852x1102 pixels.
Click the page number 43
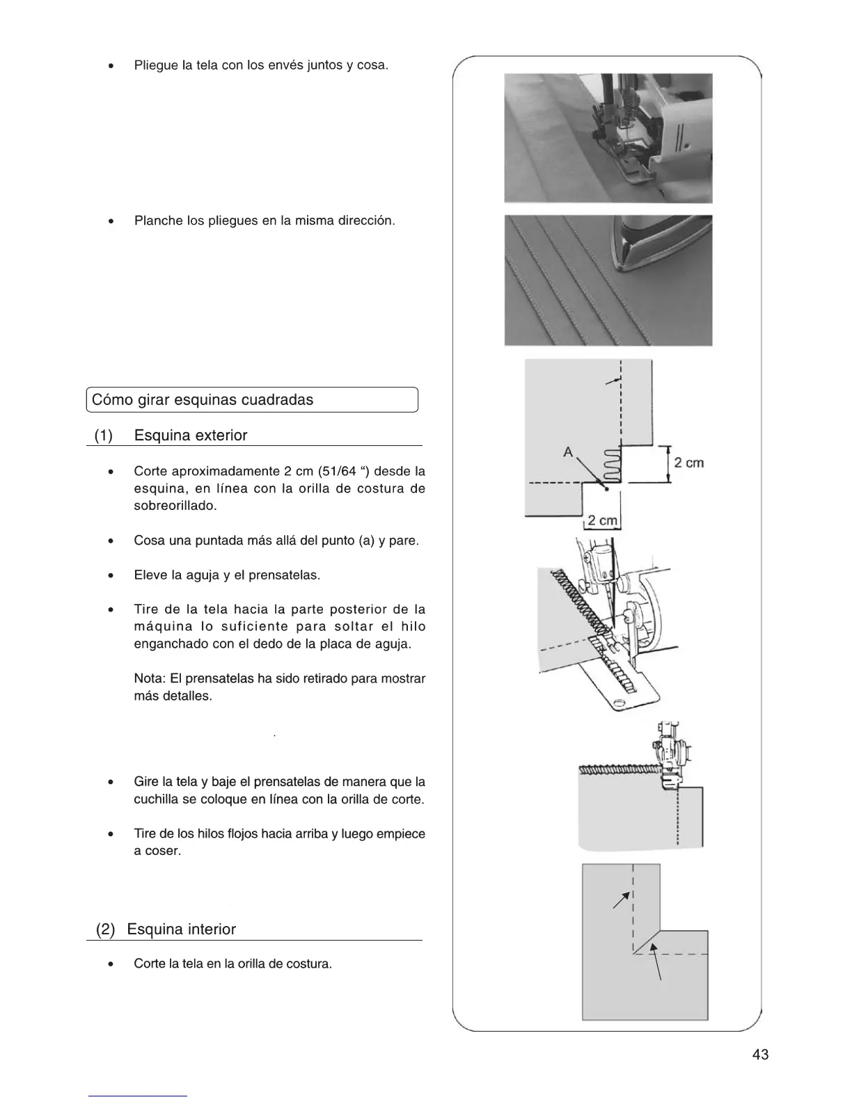click(760, 1055)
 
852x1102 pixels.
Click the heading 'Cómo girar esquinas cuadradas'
click(203, 400)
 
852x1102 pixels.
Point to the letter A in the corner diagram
click(568, 452)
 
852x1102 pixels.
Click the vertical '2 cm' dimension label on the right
click(688, 463)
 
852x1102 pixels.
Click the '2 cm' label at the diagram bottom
click(602, 520)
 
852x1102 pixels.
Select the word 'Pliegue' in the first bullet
click(155, 65)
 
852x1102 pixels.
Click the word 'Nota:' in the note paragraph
click(150, 678)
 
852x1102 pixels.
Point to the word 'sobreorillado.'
click(175, 506)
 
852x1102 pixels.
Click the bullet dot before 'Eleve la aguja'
click(111, 576)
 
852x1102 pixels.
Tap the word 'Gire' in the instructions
click(145, 782)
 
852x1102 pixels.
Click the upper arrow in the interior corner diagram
click(620, 901)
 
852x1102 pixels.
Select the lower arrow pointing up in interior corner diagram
click(656, 961)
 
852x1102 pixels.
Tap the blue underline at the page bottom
click(138, 1096)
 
